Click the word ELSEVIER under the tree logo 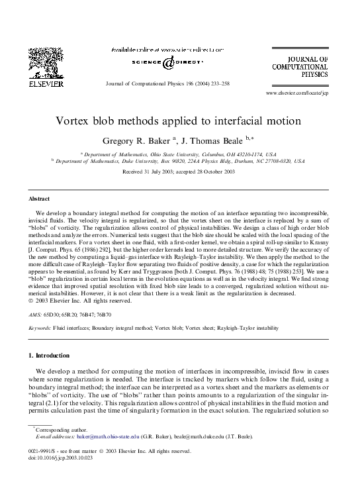[46, 84]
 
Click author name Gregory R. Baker [136, 140]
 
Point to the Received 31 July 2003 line [179, 172]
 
